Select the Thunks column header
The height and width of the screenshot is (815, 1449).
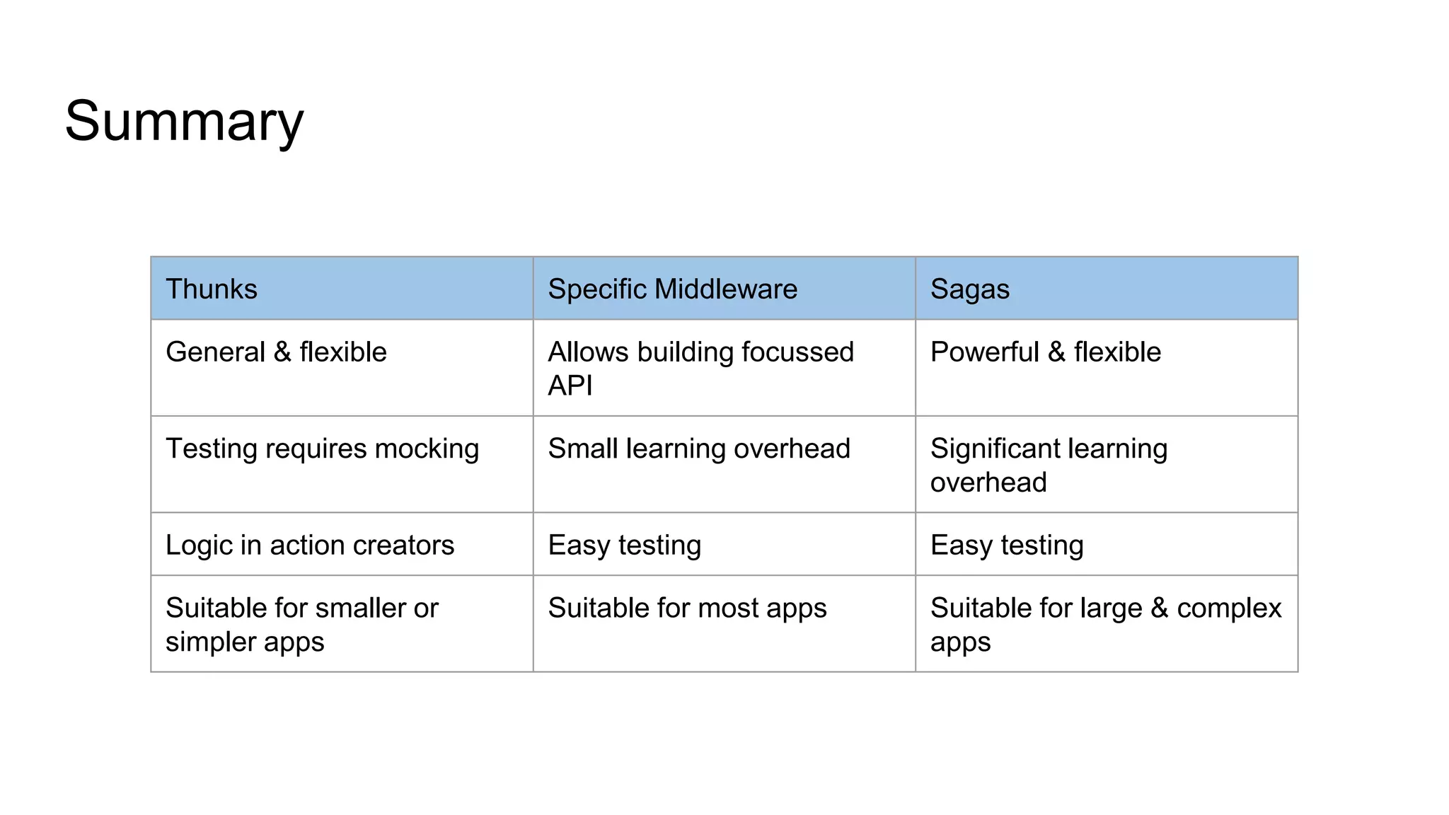coord(212,289)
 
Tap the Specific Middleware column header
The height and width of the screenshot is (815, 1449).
coord(672,289)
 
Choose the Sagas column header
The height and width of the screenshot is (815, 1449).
coord(969,289)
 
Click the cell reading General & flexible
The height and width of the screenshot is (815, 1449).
coord(276,352)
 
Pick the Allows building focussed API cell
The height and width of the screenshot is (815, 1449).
coord(700,368)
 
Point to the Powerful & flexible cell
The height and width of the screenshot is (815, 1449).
coord(1045,352)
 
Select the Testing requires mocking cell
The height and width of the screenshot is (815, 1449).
coord(322,449)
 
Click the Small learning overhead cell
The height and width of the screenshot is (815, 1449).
coord(698,449)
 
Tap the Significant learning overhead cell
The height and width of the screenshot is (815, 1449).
coord(1049,465)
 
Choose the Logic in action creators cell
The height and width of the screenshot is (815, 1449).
coord(310,545)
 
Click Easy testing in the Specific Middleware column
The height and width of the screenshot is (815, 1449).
coord(624,545)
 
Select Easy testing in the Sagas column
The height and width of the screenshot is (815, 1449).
coord(1006,545)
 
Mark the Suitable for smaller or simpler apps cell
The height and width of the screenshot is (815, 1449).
coord(301,624)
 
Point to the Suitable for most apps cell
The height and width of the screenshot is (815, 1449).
coord(686,608)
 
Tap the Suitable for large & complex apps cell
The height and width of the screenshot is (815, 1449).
coord(1105,624)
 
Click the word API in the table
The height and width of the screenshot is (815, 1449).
coord(570,386)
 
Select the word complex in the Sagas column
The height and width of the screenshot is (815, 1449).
coord(1228,608)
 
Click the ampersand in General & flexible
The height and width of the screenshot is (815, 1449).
coord(282,352)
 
